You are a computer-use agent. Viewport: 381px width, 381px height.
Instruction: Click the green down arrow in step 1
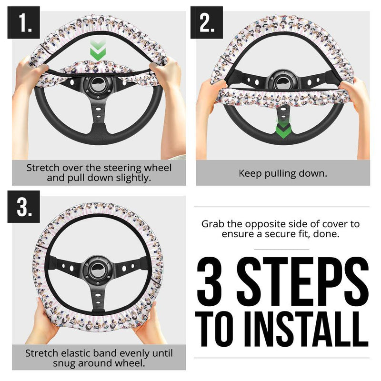tap(98, 51)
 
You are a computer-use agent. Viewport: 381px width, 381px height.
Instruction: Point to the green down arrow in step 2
tap(283, 128)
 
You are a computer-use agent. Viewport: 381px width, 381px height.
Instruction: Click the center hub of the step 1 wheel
tap(98, 85)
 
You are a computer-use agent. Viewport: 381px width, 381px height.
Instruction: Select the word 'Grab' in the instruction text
tap(213, 224)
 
